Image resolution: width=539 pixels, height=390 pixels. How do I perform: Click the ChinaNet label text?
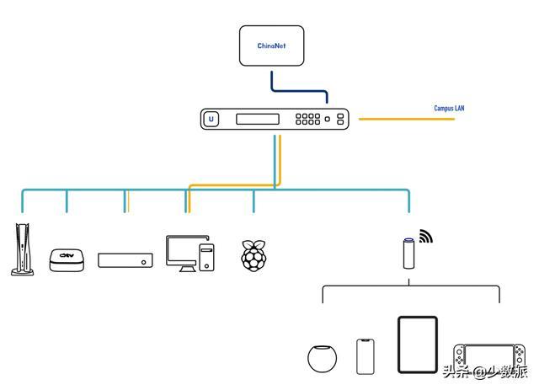[x=271, y=45]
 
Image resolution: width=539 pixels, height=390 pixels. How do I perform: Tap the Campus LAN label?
[x=449, y=109]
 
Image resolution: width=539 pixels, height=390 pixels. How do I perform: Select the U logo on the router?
[x=211, y=119]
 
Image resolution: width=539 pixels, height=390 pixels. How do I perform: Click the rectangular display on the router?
[x=258, y=119]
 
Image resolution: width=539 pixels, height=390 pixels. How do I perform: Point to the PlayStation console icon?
[x=23, y=249]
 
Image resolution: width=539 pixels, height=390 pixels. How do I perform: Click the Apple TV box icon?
[x=67, y=260]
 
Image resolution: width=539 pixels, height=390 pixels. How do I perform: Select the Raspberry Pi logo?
[x=253, y=255]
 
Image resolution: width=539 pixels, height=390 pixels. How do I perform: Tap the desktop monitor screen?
[x=182, y=253]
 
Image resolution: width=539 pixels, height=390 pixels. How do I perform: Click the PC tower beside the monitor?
[x=206, y=257]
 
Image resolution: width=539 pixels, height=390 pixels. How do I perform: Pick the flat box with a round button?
[x=125, y=260]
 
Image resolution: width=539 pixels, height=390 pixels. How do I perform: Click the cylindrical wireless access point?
[x=408, y=254]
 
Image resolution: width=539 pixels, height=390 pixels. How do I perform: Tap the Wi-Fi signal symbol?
[x=425, y=236]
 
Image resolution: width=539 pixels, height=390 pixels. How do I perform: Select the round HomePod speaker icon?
[x=322, y=358]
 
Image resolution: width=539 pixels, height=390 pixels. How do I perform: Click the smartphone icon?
[x=365, y=356]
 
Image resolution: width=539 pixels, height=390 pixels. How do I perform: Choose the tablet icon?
[x=418, y=345]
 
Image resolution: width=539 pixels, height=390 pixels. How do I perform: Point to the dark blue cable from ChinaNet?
[x=300, y=91]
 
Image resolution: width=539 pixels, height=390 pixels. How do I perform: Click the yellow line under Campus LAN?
[x=407, y=119]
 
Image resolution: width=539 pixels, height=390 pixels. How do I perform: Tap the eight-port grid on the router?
[x=307, y=119]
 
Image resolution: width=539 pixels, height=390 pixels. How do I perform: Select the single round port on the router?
[x=328, y=119]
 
